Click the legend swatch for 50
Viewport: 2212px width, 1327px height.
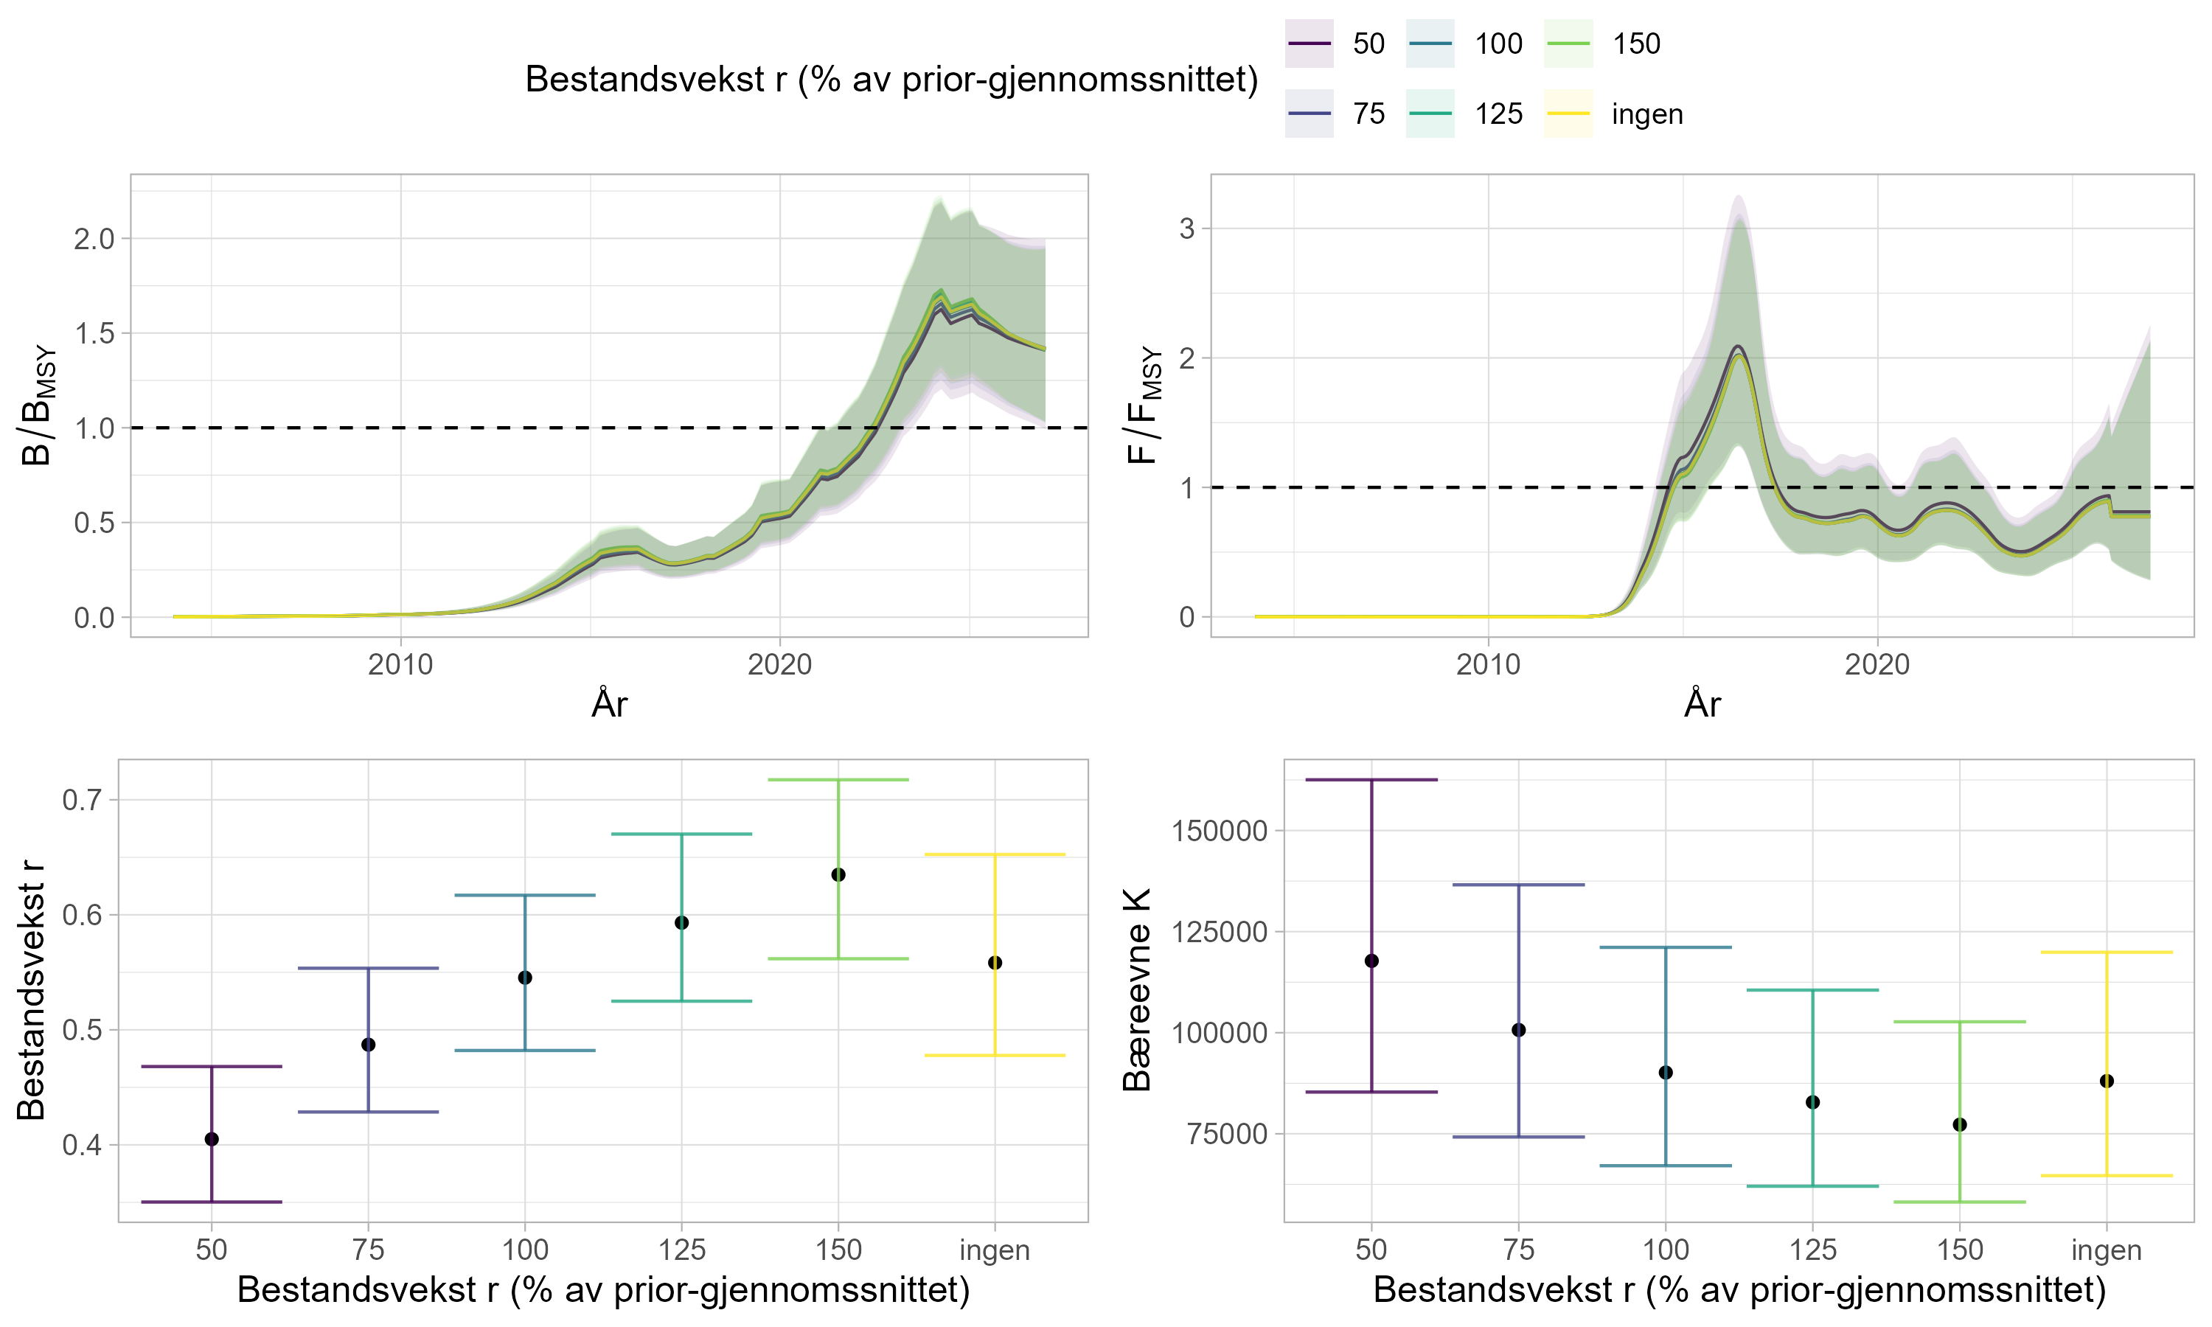point(1309,43)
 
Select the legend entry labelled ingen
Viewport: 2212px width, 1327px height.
point(1647,114)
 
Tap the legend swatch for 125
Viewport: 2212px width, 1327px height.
point(1430,114)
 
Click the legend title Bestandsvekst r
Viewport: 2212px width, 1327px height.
point(891,80)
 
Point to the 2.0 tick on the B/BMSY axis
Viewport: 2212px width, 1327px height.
point(94,239)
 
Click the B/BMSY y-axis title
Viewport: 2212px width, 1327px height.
point(38,406)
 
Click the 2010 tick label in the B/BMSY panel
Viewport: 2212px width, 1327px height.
point(400,664)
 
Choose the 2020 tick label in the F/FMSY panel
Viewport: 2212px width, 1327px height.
point(1877,664)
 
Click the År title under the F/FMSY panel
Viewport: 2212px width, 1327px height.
point(1702,705)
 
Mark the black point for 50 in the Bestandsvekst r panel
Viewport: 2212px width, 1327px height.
point(212,1138)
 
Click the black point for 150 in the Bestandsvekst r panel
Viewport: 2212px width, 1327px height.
point(838,874)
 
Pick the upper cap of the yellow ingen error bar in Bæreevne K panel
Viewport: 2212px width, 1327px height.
point(2107,952)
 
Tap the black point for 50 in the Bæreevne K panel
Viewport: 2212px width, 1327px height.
point(1371,961)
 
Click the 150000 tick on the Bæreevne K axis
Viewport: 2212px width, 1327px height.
point(1220,831)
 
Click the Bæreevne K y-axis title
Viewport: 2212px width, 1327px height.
point(1137,990)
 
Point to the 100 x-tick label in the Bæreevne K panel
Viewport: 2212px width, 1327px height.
point(1666,1250)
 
